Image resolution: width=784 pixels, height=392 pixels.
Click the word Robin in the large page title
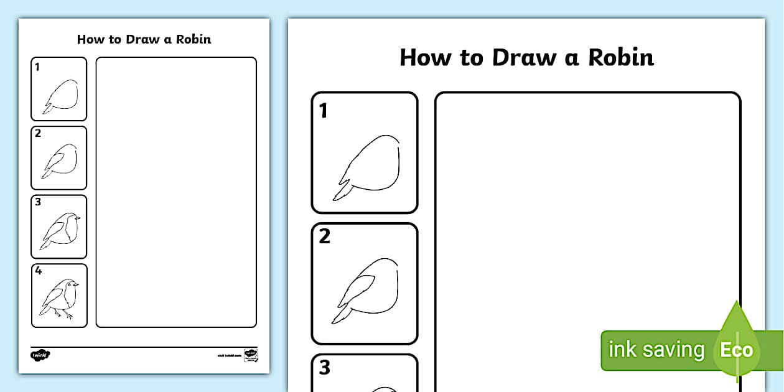(621, 57)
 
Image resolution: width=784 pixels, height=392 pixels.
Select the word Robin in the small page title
(193, 39)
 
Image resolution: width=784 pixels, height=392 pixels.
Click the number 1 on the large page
(324, 111)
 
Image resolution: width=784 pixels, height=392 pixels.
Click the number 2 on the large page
(324, 237)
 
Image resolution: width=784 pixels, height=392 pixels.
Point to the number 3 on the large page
(324, 368)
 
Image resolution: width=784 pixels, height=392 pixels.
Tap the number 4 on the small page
(39, 271)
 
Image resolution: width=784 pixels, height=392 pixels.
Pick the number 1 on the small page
(37, 67)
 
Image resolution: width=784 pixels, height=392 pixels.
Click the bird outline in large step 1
(373, 165)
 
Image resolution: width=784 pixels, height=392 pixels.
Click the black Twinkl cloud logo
(40, 355)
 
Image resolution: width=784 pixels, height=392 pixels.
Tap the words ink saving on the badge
(656, 350)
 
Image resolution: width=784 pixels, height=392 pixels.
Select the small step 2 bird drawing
(60, 160)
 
